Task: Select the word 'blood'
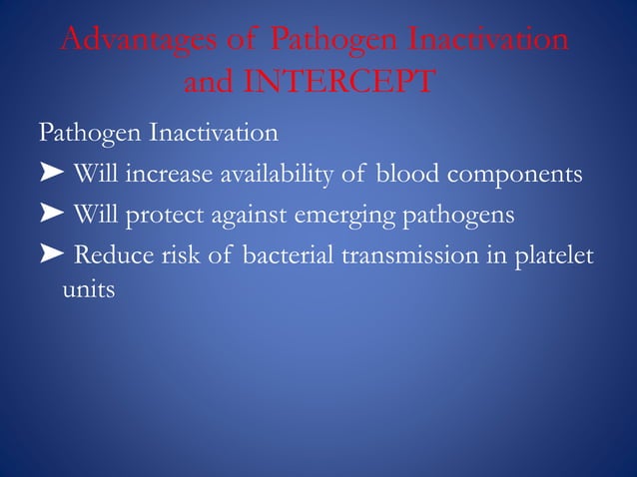pyautogui.click(x=403, y=175)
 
